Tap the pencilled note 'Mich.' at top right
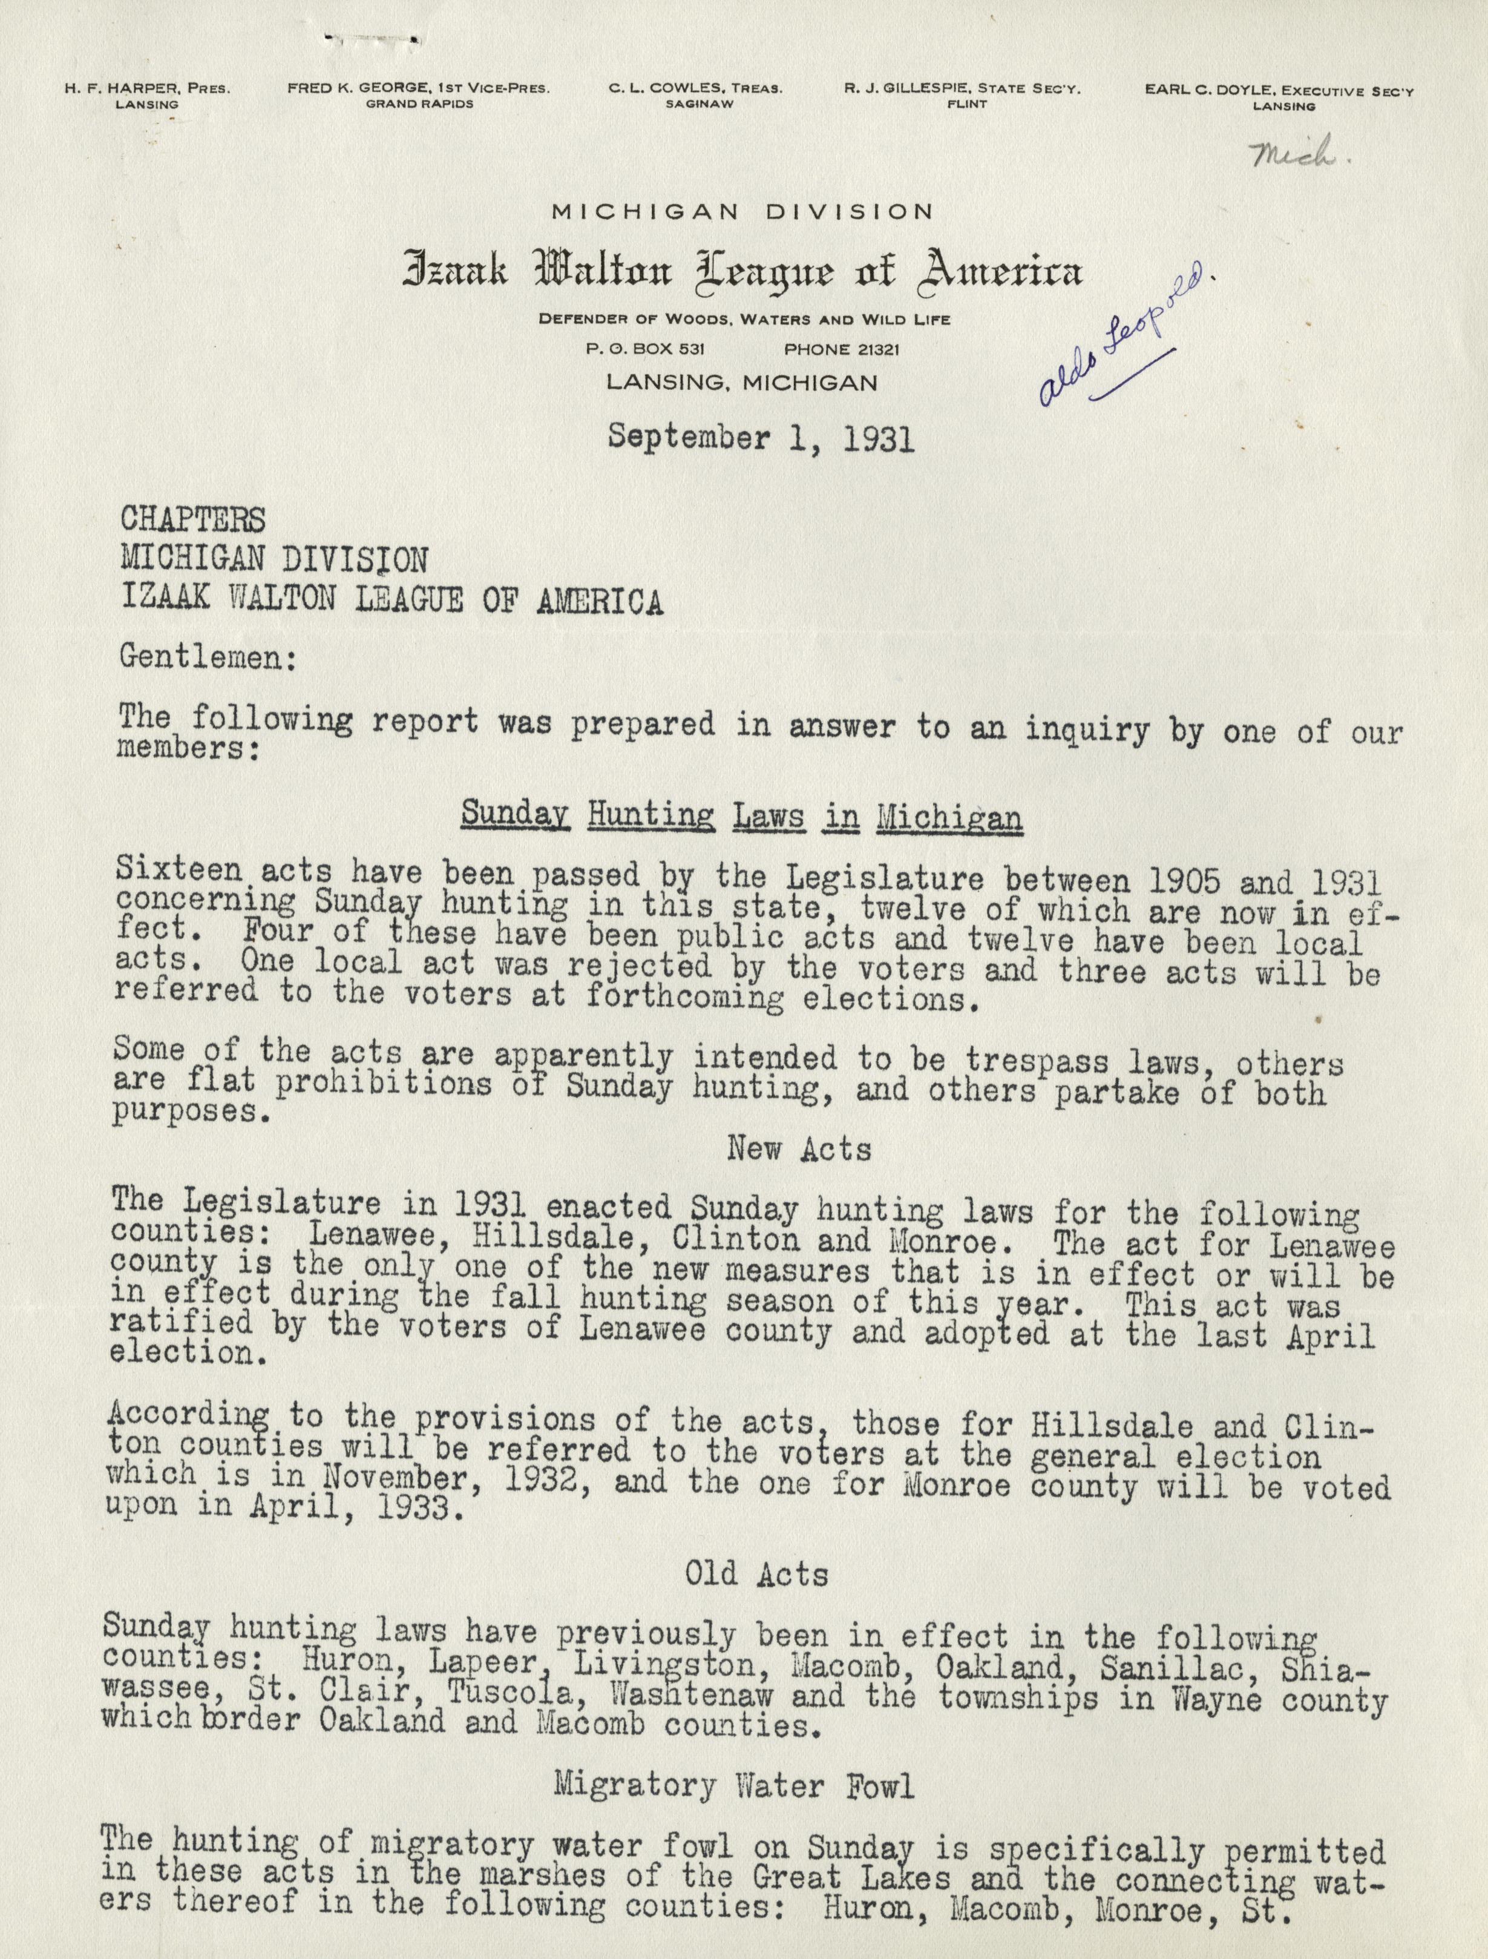[1296, 156]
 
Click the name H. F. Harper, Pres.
[147, 88]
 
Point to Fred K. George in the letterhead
[417, 88]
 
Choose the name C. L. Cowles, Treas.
[695, 88]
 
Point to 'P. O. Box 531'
[646, 349]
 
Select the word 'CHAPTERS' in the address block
[192, 518]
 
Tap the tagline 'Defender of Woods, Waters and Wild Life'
[744, 320]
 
